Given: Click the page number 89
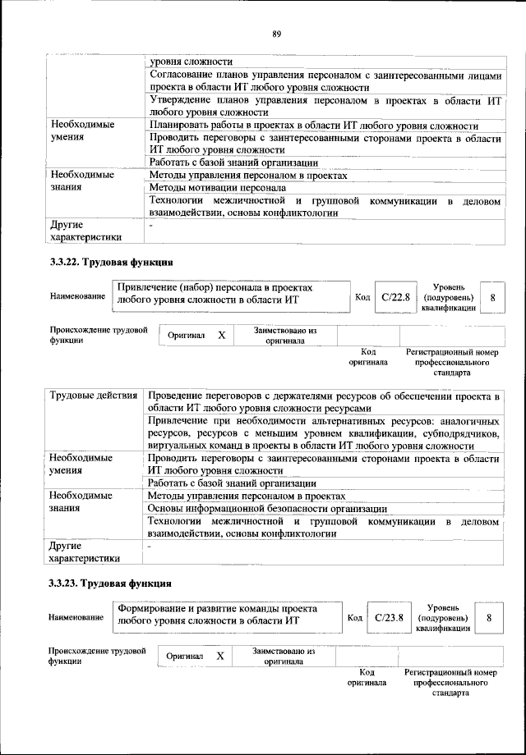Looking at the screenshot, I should pyautogui.click(x=277, y=33).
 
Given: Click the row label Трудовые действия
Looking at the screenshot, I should pyautogui.click(x=93, y=396).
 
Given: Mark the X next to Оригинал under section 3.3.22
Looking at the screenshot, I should pyautogui.click(x=221, y=336).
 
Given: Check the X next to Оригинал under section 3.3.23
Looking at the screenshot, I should pyautogui.click(x=219, y=657).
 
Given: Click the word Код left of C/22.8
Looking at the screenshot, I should pyautogui.click(x=362, y=297).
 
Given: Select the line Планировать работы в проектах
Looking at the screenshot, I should pyautogui.click(x=313, y=126).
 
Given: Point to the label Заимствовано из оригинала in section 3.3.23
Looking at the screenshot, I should pyautogui.click(x=284, y=656).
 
